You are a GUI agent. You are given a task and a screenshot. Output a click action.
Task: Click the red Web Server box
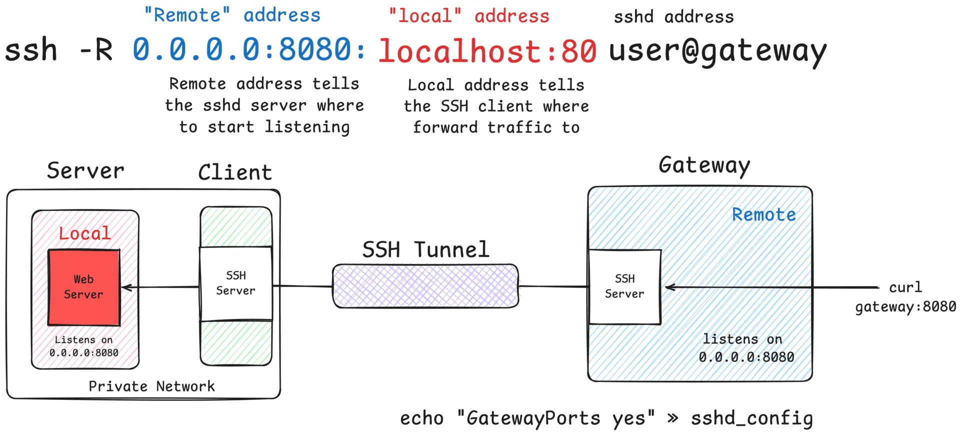pos(84,287)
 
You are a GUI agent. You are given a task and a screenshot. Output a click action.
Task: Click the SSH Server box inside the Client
pos(235,283)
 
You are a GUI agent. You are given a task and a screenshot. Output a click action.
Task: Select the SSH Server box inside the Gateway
pos(624,286)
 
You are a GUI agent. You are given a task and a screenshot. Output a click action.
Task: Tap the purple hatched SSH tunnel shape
pos(425,286)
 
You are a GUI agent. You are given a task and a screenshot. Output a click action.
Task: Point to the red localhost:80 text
pos(487,51)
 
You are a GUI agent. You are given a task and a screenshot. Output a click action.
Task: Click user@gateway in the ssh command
pos(717,51)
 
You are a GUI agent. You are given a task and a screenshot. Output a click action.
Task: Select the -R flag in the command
pos(96,50)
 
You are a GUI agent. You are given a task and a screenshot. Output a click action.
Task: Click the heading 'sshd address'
pos(673,17)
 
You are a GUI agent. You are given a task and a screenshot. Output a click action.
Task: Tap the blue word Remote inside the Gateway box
pos(763,214)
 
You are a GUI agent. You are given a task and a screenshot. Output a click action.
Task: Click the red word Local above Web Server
pos(84,233)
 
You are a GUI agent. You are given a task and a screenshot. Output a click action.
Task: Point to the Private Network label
pos(151,386)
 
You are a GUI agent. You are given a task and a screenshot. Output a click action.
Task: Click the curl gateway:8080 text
pos(905,297)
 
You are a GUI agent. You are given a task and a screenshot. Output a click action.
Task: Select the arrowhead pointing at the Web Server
pos(126,287)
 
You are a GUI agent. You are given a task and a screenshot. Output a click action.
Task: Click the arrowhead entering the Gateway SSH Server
pos(670,287)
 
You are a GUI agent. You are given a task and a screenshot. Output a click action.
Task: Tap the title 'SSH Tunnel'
pos(425,249)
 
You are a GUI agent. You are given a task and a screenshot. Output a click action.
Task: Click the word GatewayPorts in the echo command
pos(533,418)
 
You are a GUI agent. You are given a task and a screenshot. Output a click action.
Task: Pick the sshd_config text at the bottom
pos(751,418)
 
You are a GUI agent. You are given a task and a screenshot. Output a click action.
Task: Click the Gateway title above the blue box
pos(704,165)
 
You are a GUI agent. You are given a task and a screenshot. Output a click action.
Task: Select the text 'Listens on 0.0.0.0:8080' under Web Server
pos(84,346)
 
